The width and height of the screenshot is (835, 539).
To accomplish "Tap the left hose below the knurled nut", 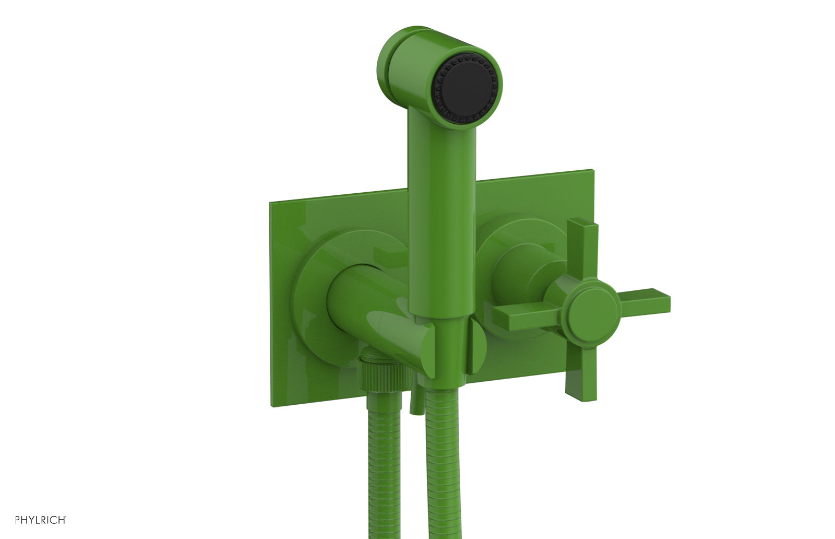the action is (x=385, y=466).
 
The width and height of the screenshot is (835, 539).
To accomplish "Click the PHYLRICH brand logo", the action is (x=41, y=520).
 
